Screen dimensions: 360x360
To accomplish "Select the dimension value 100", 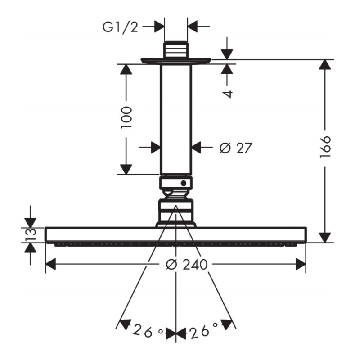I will point(127,118).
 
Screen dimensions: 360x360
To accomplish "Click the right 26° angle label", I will point(203,332).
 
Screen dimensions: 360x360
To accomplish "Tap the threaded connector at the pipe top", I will point(175,50).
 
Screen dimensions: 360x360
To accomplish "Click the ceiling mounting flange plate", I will point(175,61).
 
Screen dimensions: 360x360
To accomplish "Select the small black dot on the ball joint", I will point(184,183).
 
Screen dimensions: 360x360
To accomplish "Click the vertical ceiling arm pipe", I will point(175,119).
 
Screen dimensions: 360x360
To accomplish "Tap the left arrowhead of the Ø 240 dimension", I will point(51,264).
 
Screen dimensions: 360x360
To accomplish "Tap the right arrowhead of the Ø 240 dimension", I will point(301,264).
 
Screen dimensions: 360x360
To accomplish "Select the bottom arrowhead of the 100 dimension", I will point(126,169).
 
